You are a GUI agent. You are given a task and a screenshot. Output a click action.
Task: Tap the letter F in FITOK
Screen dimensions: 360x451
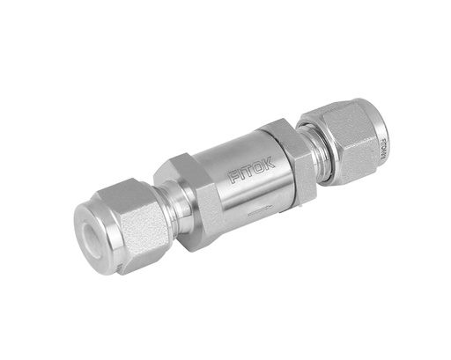click(x=234, y=178)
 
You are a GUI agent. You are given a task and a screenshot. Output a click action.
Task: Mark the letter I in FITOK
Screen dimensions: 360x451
click(x=241, y=174)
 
